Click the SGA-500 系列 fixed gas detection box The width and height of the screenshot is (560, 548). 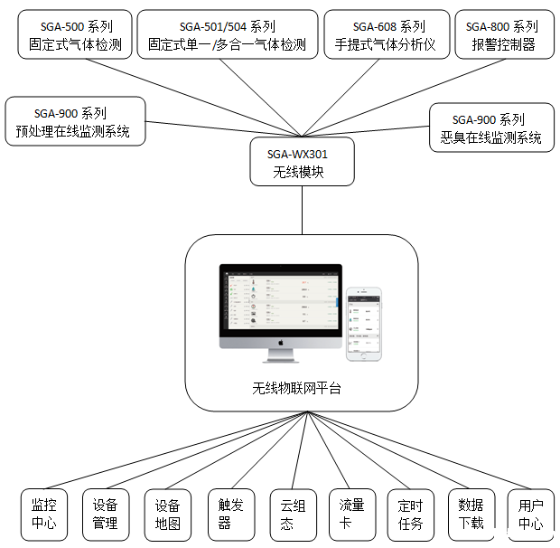coord(69,35)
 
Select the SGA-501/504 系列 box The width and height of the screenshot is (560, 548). coord(228,35)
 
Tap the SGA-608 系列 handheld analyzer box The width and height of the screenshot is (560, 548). coord(387,35)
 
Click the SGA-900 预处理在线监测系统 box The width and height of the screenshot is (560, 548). coord(74,122)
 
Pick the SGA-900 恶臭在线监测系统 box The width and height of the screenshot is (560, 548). coord(488,128)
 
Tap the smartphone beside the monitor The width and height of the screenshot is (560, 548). coord(364,324)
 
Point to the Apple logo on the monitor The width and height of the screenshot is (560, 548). coord(281,343)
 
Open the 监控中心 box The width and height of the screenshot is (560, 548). coord(43,515)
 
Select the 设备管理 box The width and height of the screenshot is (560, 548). coord(105,515)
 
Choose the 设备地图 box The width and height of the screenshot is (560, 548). coord(168,515)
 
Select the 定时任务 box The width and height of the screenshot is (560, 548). coord(410,515)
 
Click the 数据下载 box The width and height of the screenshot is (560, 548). coord(471,515)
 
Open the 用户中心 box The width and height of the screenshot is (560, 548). coord(530,515)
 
